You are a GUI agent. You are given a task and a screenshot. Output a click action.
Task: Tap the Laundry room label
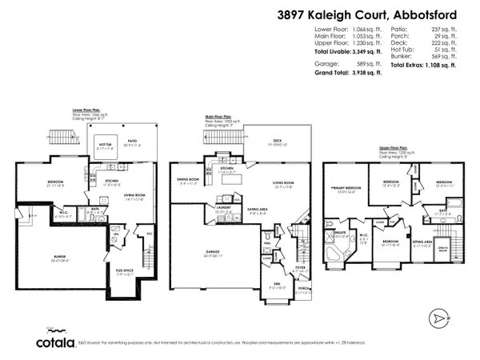(224, 210)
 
